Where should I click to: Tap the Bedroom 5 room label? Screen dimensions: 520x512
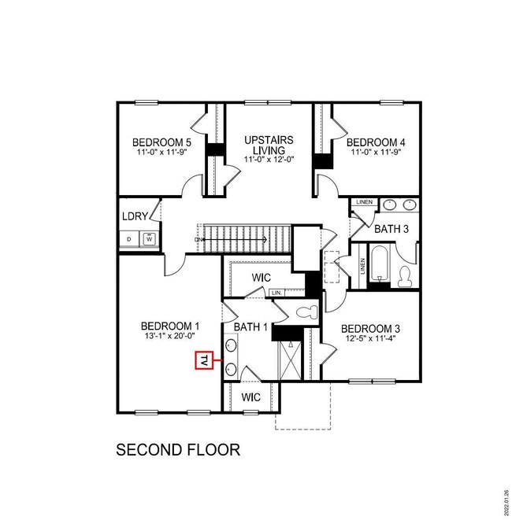click(161, 142)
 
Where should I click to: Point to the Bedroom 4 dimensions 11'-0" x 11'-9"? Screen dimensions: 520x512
click(377, 153)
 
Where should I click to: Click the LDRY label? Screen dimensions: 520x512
click(132, 216)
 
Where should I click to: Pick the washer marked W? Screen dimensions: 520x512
click(147, 238)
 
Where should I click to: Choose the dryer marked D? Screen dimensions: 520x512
click(129, 238)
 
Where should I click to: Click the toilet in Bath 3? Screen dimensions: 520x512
click(406, 277)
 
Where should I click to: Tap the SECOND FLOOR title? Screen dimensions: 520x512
click(177, 451)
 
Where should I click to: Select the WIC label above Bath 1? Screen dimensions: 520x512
click(262, 278)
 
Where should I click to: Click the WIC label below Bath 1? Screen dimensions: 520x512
click(250, 396)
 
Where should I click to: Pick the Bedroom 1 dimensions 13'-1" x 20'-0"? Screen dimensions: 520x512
click(168, 336)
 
